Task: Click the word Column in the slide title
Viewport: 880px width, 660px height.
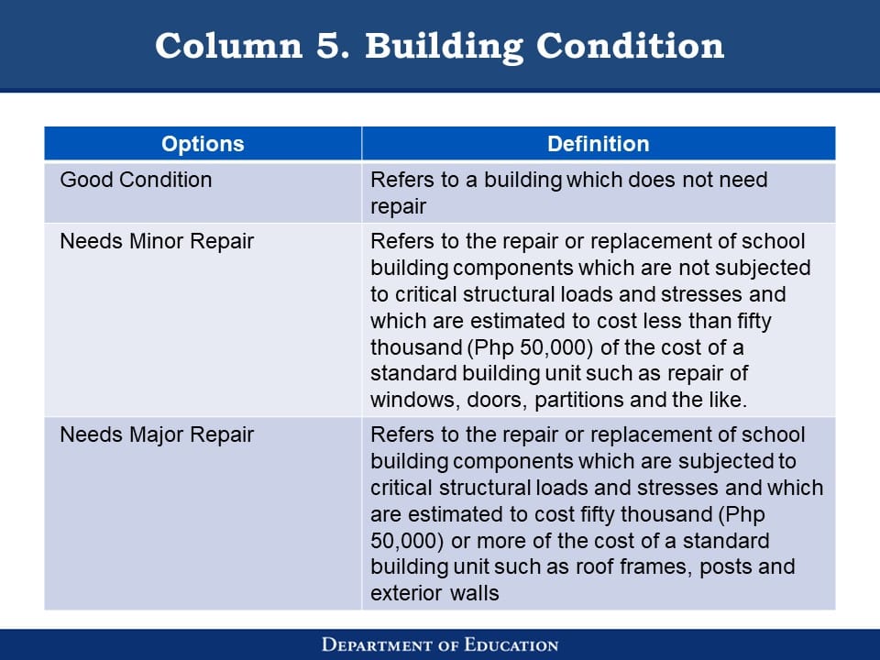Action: click(x=228, y=46)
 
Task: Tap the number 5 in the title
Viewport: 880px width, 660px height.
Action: click(x=332, y=46)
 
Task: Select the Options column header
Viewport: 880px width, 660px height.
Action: click(x=203, y=144)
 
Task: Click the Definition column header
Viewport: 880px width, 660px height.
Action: click(x=599, y=144)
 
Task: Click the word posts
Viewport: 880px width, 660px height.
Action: click(x=726, y=567)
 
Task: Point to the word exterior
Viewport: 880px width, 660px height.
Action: click(x=400, y=593)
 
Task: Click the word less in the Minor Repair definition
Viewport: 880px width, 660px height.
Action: click(x=662, y=321)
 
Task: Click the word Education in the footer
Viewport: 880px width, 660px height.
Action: click(x=511, y=644)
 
